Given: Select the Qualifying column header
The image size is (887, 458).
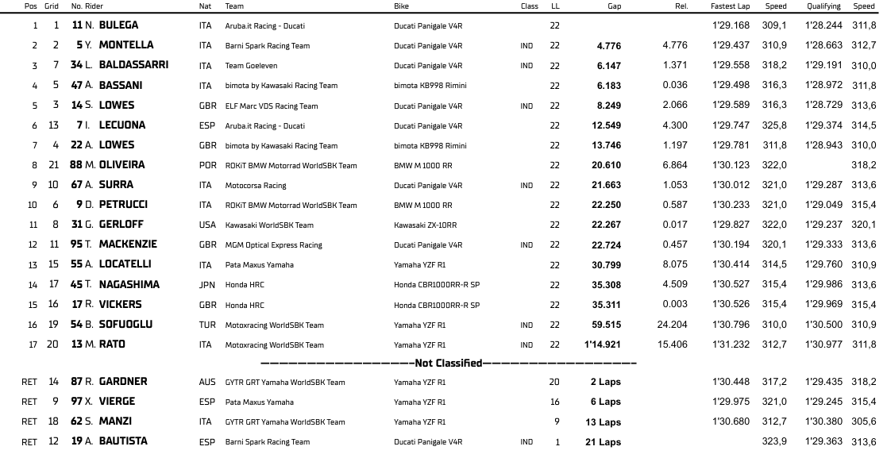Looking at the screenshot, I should coord(823,6).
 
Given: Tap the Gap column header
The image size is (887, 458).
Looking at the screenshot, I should coord(614,6).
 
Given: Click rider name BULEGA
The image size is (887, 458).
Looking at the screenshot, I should coord(118,25).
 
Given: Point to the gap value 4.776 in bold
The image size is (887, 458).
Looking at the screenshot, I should coord(608,46).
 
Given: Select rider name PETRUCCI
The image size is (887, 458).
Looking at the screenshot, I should coord(123,205).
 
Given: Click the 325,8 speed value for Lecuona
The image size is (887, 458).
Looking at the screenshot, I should coord(774,125).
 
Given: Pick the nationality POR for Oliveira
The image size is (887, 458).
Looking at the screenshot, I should coord(206,165).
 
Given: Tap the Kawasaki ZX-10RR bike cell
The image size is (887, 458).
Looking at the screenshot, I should coord(426,225).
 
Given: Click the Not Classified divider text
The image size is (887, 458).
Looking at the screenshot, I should coord(449,364).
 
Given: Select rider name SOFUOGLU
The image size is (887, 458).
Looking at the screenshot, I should coord(125,325).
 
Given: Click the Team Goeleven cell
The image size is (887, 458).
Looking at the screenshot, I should coord(251,66).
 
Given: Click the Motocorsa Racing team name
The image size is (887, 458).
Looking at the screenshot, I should coord(256,186).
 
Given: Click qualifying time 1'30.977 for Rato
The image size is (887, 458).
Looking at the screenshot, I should coord(823,344).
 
